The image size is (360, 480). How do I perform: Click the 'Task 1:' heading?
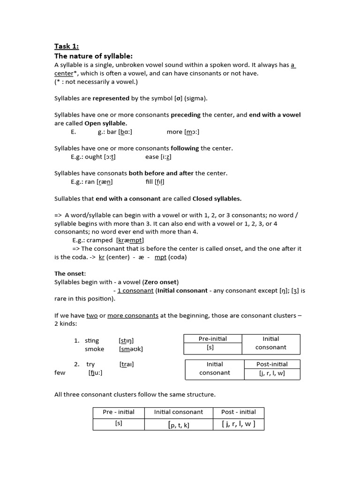pos(67,46)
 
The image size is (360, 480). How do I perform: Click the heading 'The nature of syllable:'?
pos(93,56)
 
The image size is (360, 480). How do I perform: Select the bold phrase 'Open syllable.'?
pos(105,123)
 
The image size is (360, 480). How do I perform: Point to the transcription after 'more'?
pos(192,132)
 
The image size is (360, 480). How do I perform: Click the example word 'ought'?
pos(94,157)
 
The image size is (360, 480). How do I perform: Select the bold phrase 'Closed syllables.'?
pos(217,198)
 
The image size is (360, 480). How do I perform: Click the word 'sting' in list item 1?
pos(92,341)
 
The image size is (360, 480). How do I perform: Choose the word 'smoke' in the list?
pos(94,349)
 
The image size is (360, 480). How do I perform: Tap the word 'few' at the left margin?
pos(60,373)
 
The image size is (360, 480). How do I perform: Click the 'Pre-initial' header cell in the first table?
pos(213,339)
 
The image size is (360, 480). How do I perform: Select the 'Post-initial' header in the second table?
pos(272,364)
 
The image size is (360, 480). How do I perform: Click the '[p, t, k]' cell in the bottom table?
pos(179,425)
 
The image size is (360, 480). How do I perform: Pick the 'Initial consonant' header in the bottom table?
pos(179,412)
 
